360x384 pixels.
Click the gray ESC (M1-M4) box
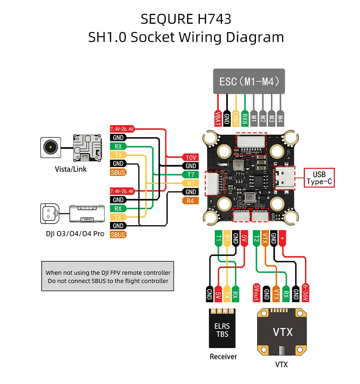(x=249, y=82)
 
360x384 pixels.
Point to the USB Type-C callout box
(x=319, y=178)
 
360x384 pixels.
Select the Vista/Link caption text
(x=70, y=169)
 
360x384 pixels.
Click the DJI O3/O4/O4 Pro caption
(x=75, y=234)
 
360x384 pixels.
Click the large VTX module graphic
(x=282, y=331)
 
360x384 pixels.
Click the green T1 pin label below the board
(x=218, y=238)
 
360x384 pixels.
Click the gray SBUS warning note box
(x=108, y=276)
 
